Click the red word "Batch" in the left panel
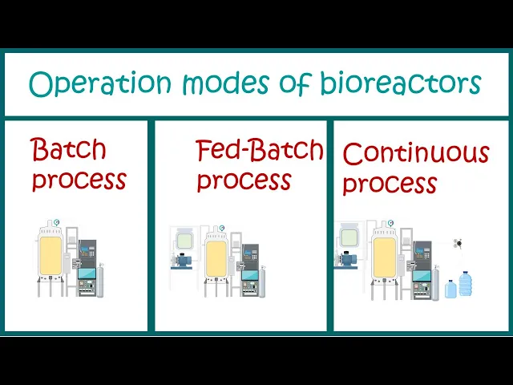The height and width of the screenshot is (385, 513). tap(68, 149)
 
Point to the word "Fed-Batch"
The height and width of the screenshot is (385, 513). tap(259, 150)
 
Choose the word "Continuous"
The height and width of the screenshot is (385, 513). tap(415, 152)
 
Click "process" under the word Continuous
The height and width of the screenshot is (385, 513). tap(390, 184)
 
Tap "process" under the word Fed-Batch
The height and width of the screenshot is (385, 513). tap(244, 180)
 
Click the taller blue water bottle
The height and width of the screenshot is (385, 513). tap(466, 282)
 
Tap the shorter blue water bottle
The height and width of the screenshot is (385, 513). tap(450, 288)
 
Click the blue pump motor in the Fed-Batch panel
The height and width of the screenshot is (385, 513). tap(184, 260)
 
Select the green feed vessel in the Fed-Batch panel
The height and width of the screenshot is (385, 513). tap(183, 237)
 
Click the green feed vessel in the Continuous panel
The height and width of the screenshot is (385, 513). tap(349, 237)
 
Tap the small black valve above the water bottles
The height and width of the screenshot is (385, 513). tap(458, 241)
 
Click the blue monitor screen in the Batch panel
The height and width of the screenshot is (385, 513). tap(86, 275)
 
